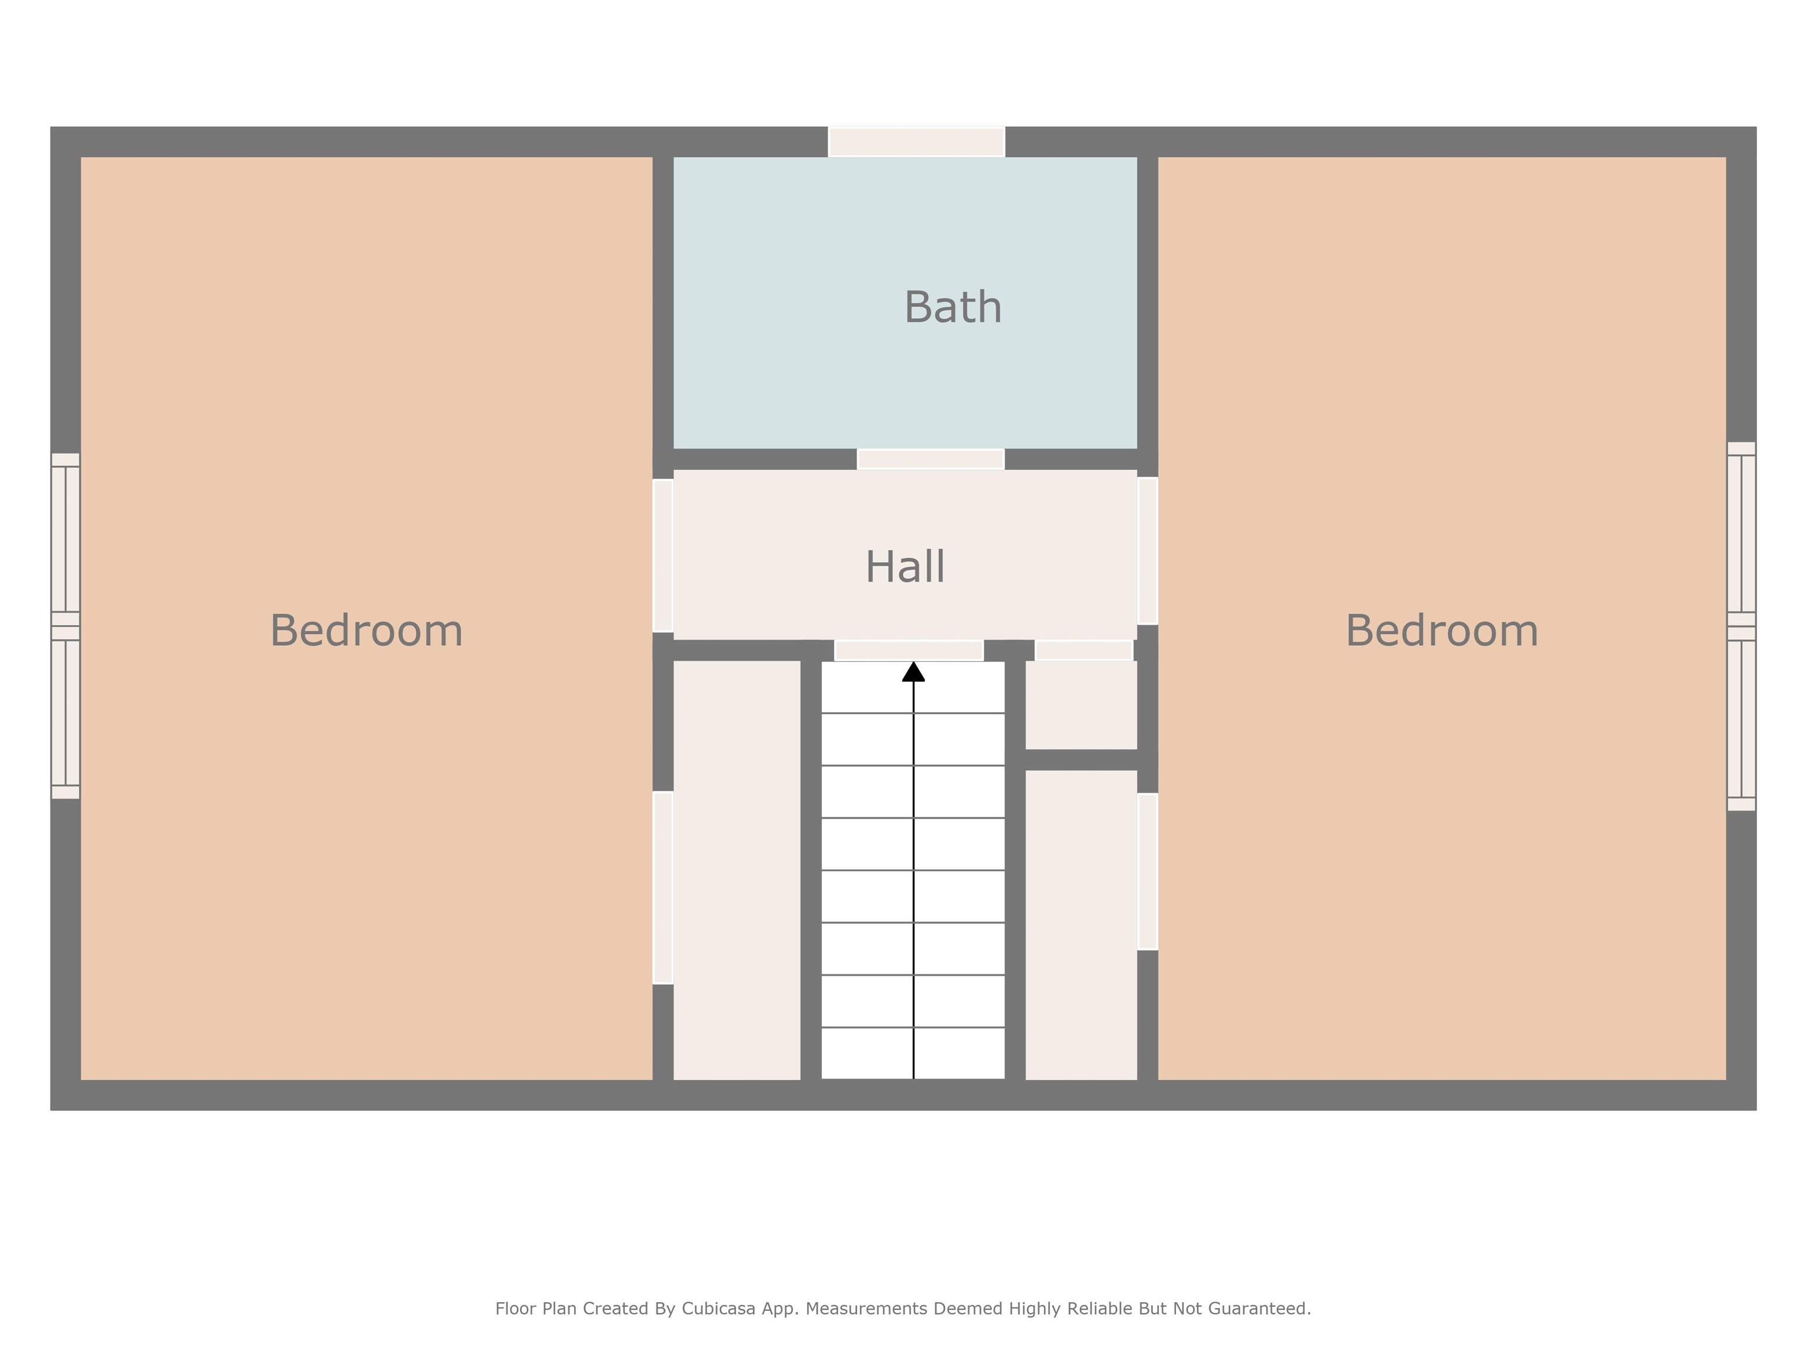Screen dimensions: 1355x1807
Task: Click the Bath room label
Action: [952, 308]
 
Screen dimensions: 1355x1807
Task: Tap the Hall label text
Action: [905, 567]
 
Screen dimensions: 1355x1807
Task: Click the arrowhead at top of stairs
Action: [913, 672]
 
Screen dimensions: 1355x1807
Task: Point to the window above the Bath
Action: [916, 141]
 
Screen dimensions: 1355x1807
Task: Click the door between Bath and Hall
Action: [931, 459]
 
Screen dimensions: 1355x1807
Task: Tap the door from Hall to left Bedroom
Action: [662, 555]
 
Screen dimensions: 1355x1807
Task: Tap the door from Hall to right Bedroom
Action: [1147, 550]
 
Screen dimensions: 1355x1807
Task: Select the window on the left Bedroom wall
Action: [65, 626]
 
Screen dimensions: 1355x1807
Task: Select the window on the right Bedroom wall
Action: [1741, 626]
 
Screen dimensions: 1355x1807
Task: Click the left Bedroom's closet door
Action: [662, 887]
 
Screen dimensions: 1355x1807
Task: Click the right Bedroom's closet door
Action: [1147, 872]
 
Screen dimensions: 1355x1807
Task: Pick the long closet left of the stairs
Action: [736, 870]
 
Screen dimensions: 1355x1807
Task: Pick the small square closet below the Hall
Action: [1081, 704]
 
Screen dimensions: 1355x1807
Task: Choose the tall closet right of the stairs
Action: [1081, 925]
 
